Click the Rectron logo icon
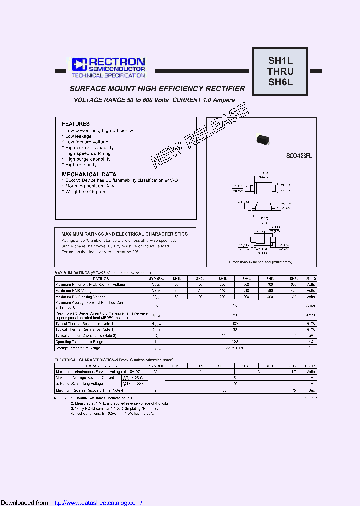click(79, 64)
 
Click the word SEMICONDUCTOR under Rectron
click(117, 69)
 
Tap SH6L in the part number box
click(281, 82)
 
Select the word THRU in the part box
click(281, 71)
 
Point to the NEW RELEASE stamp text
click(200, 135)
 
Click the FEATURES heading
click(76, 124)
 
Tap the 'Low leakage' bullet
click(78, 136)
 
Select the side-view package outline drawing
click(262, 208)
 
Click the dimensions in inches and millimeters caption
click(260, 261)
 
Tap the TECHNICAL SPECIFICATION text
click(109, 76)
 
